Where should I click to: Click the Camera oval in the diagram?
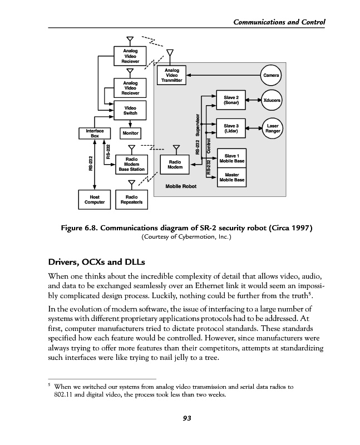271,75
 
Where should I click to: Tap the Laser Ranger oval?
273,128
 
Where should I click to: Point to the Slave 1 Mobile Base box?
231,157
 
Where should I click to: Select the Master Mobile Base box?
231,177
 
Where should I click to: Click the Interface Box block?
91,133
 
